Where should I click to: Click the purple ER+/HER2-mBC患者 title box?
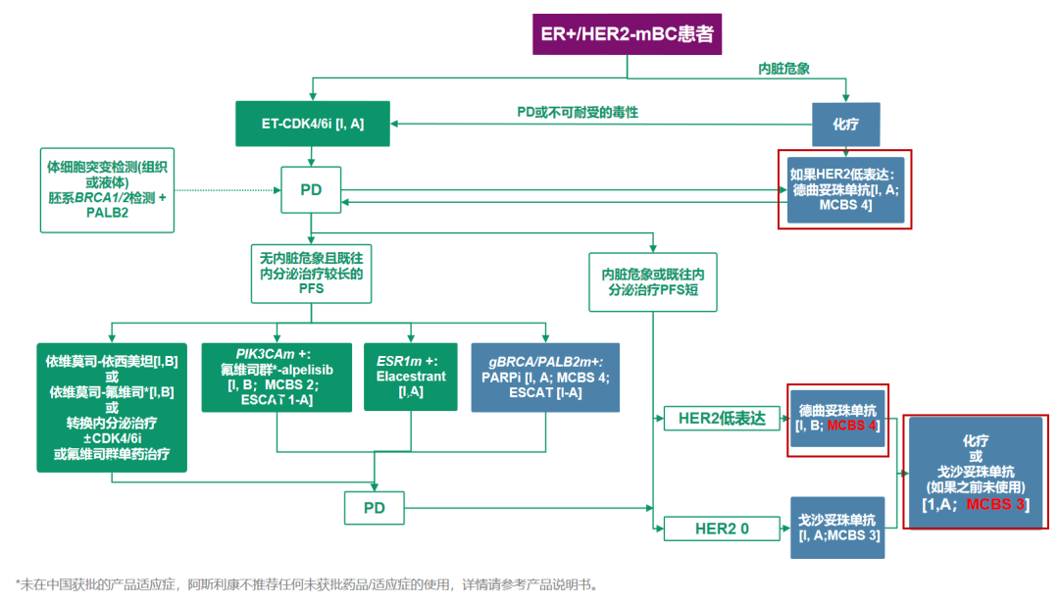[628, 36]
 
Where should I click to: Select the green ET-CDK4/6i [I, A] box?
[313, 124]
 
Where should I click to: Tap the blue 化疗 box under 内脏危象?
[846, 125]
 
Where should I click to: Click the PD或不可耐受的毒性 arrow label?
[578, 113]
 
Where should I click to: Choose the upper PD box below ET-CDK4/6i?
[312, 189]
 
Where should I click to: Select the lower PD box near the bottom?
[375, 508]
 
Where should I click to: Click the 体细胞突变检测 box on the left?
[107, 190]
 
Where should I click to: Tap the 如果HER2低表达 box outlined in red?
[845, 190]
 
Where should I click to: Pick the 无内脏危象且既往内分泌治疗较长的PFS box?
[312, 274]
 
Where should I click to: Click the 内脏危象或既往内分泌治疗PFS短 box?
[653, 282]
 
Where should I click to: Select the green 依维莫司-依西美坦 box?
[112, 406]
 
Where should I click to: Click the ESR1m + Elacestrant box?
[411, 376]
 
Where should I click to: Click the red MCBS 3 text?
[995, 504]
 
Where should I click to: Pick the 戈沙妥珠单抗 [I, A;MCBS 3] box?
[837, 528]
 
